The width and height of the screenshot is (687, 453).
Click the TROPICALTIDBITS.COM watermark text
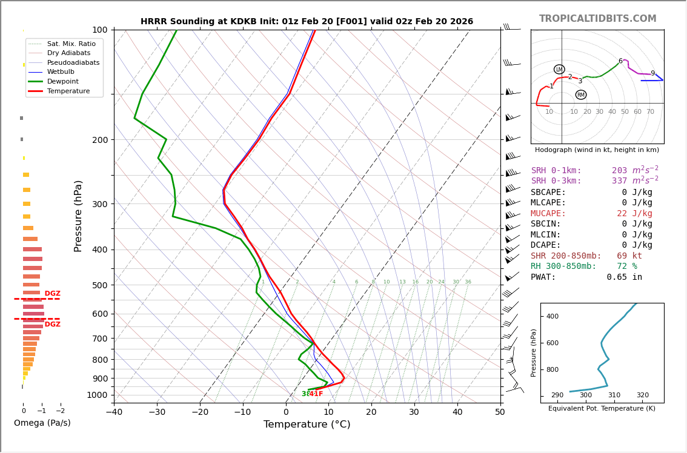click(x=597, y=19)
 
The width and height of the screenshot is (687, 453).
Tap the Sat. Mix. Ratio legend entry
click(x=71, y=44)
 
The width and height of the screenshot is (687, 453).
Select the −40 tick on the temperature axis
click(x=114, y=412)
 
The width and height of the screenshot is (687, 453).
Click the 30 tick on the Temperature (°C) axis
click(x=414, y=412)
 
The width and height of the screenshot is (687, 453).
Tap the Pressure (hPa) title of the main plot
click(x=78, y=216)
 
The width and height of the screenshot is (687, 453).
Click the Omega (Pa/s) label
click(x=42, y=423)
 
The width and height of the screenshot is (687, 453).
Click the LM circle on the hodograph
click(x=559, y=70)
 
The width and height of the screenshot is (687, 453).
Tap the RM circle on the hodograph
click(x=580, y=95)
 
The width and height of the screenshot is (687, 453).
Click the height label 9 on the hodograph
click(x=652, y=74)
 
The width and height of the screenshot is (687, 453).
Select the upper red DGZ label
click(x=52, y=294)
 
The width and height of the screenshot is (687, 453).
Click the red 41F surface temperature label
click(x=316, y=394)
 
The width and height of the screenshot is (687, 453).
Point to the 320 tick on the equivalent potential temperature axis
click(x=642, y=395)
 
